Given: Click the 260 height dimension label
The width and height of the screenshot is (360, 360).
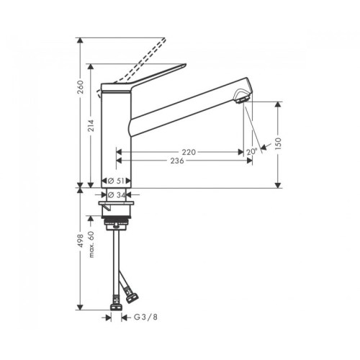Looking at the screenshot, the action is [x=81, y=87].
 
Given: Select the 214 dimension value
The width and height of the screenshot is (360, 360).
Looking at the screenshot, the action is [x=91, y=126].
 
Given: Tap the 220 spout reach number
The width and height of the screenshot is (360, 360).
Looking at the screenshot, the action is [x=189, y=152].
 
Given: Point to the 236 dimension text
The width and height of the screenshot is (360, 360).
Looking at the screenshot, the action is [x=177, y=161].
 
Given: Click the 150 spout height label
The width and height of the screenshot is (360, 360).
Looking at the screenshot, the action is [x=278, y=144].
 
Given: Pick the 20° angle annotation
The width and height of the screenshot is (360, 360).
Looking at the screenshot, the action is [x=251, y=152].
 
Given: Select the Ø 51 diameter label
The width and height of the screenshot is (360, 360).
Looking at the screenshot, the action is [x=116, y=181].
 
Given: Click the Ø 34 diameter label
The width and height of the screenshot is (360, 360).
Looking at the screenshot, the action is [x=117, y=195].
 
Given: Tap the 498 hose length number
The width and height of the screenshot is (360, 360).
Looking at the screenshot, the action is [x=81, y=240].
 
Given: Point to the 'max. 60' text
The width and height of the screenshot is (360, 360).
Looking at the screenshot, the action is [x=91, y=244].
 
